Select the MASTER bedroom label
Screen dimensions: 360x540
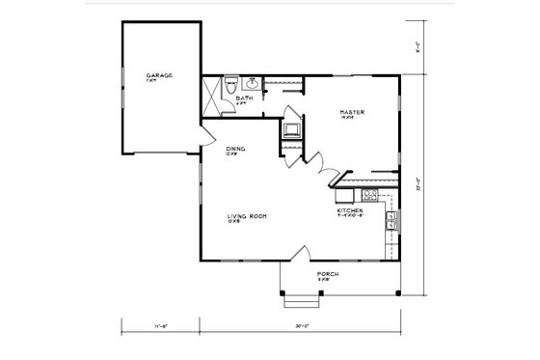(350, 114)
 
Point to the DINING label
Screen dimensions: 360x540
(235, 149)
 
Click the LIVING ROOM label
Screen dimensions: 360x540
(247, 216)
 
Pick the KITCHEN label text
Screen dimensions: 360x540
(350, 210)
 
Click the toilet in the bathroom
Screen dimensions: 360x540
(232, 85)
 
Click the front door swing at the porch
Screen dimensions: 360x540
(300, 253)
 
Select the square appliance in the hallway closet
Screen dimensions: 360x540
(290, 129)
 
